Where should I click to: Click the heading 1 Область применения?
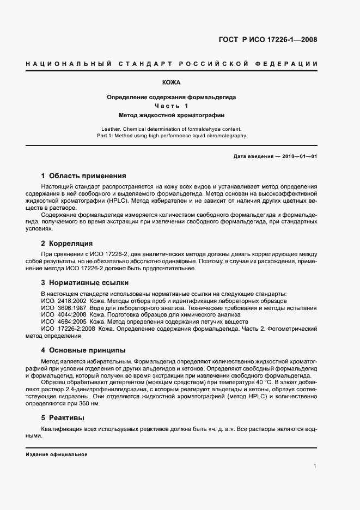(x=83, y=176)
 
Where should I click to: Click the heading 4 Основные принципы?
(x=83, y=350)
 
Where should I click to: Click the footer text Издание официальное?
(x=57, y=454)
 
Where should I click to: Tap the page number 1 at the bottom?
(x=315, y=466)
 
